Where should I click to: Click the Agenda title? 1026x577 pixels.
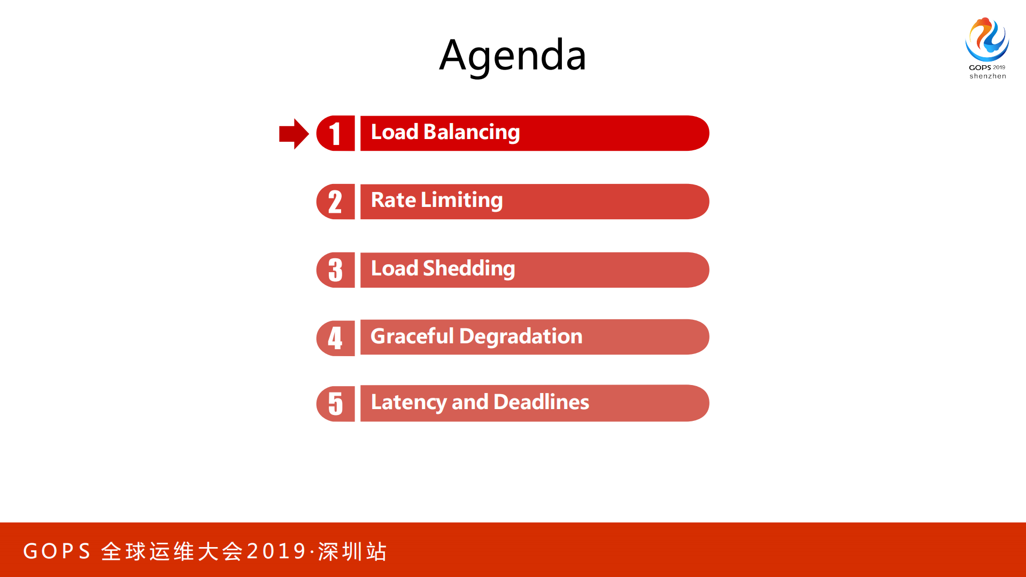pyautogui.click(x=512, y=55)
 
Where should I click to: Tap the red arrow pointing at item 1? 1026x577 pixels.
pyautogui.click(x=294, y=134)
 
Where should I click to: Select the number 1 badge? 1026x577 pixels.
pyautogui.click(x=336, y=133)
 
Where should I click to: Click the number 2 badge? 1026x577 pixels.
pyautogui.click(x=336, y=202)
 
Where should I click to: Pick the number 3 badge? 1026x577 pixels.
pyautogui.click(x=336, y=270)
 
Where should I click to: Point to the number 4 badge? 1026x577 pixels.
pyautogui.click(x=336, y=338)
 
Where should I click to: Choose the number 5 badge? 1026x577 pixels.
pyautogui.click(x=336, y=403)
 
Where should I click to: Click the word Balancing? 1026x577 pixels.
pyautogui.click(x=471, y=132)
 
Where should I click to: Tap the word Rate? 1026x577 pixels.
pyautogui.click(x=394, y=200)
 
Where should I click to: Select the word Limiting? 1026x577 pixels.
pyautogui.click(x=461, y=200)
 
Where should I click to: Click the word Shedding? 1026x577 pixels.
pyautogui.click(x=468, y=268)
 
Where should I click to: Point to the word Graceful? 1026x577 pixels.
pyautogui.click(x=412, y=336)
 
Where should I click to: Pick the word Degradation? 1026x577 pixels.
pyautogui.click(x=521, y=336)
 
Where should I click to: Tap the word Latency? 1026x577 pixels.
pyautogui.click(x=408, y=402)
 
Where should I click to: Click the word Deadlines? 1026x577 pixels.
pyautogui.click(x=541, y=402)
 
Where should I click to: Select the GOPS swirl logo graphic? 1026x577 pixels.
pyautogui.click(x=987, y=39)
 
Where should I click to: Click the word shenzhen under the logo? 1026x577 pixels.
pyautogui.click(x=988, y=76)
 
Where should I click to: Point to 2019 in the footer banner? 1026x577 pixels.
pyautogui.click(x=276, y=551)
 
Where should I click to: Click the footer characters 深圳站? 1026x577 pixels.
pyautogui.click(x=352, y=551)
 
